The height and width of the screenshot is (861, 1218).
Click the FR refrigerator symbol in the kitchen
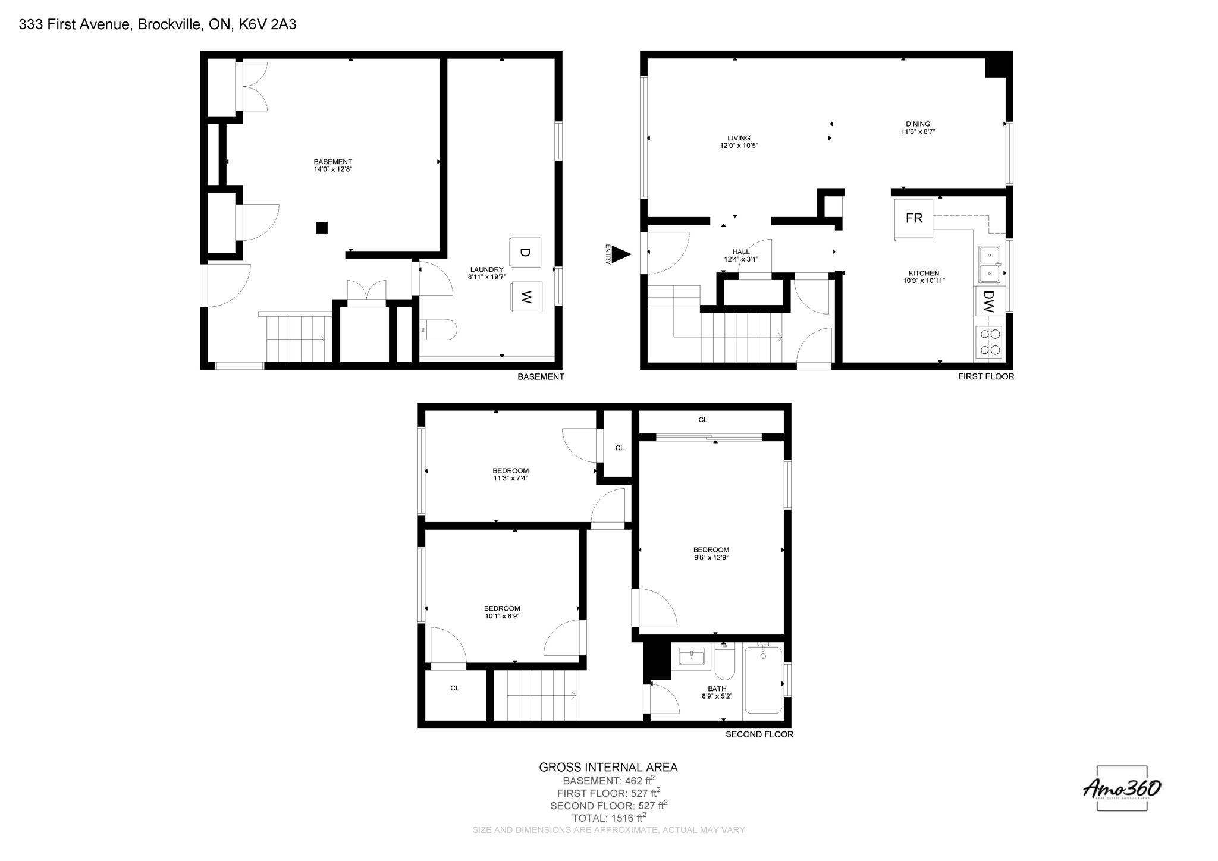[x=913, y=218]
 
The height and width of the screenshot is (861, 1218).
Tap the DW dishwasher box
[x=988, y=301]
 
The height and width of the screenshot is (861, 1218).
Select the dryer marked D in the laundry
[x=525, y=252]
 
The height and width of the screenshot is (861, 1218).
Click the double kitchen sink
[x=990, y=264]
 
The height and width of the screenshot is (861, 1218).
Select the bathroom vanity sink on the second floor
[x=692, y=657]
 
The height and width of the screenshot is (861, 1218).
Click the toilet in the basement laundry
[x=439, y=329]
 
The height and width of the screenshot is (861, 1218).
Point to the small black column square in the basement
[x=322, y=227]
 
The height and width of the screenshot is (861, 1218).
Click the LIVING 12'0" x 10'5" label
[x=739, y=142]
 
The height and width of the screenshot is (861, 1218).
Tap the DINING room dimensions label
[x=918, y=128]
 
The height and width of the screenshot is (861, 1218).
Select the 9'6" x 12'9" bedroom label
[x=711, y=554]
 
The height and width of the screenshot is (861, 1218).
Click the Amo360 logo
[x=1122, y=788]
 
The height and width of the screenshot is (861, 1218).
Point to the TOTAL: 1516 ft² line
[x=608, y=818]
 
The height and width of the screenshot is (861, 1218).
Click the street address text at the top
[x=158, y=24]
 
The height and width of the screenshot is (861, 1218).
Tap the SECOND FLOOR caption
[x=759, y=734]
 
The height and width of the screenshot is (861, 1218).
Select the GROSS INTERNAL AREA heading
[x=608, y=767]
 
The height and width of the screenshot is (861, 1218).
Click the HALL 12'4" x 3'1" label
[x=740, y=256]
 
